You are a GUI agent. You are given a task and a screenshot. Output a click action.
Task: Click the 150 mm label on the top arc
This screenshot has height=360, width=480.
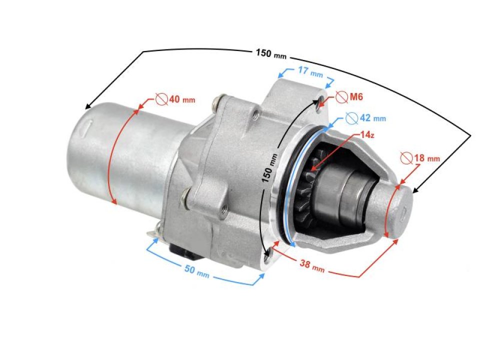(270, 53)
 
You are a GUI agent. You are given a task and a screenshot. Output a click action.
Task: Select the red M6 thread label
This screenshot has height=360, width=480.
(355, 96)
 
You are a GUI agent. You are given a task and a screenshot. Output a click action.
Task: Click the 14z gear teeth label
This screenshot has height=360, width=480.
(369, 135)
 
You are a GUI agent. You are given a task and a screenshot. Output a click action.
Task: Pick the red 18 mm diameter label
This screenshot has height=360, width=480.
(426, 158)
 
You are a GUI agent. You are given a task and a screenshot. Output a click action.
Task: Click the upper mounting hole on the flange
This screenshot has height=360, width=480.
(318, 103)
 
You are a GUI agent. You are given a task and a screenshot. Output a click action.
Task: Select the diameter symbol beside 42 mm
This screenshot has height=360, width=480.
(351, 118)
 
